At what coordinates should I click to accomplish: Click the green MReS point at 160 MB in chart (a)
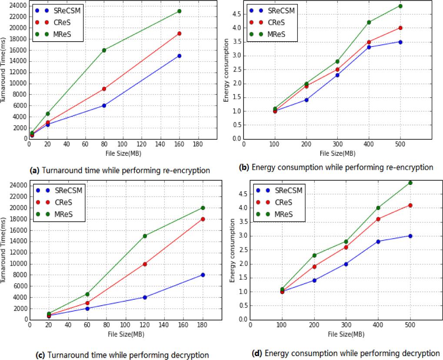[x=179, y=11]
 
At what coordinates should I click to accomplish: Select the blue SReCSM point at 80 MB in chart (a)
[x=104, y=106]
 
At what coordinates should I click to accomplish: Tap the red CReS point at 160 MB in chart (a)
[x=179, y=33]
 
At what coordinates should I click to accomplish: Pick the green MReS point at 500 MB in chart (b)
[x=400, y=6]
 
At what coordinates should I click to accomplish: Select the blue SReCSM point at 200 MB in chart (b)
[x=306, y=100]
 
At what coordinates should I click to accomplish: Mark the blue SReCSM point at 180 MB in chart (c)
[x=203, y=275]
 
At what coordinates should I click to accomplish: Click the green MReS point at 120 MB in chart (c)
[x=145, y=236]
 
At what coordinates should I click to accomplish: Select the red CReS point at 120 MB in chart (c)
[x=145, y=264]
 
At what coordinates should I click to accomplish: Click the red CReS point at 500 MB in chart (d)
[x=410, y=205]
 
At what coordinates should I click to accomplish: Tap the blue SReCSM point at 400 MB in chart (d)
[x=378, y=241]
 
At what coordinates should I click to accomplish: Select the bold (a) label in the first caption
[x=33, y=171]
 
